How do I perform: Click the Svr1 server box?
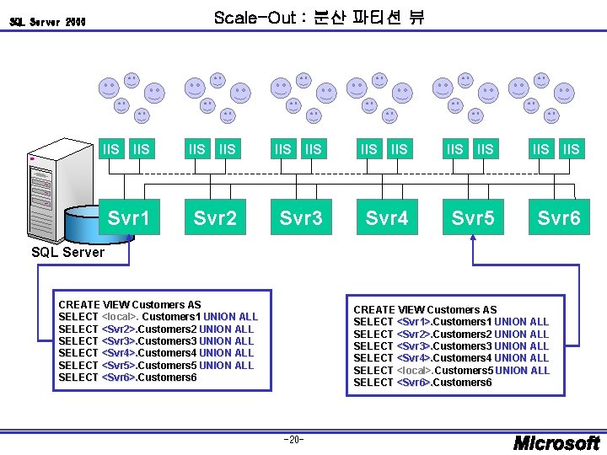click(129, 218)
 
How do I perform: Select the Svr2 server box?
click(215, 218)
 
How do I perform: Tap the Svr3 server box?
click(301, 218)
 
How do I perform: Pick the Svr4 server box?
click(387, 218)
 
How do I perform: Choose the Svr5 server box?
click(473, 218)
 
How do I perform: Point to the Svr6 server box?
click(559, 218)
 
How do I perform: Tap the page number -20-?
click(294, 439)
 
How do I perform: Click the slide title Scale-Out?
click(320, 17)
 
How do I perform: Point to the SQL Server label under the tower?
click(67, 252)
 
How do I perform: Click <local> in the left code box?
click(120, 317)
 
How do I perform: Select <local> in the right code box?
click(414, 371)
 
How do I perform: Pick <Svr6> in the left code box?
click(118, 377)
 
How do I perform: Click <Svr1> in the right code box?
click(414, 322)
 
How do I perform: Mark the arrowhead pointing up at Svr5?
click(473, 239)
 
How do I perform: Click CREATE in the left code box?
click(78, 304)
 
